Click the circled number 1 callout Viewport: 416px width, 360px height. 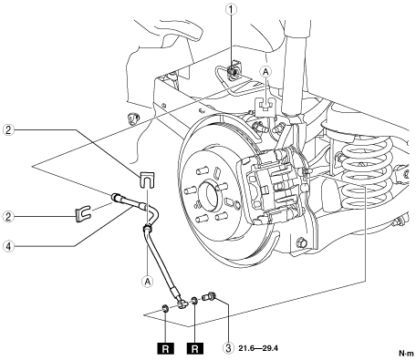click(x=231, y=9)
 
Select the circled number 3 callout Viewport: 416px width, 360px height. click(x=228, y=347)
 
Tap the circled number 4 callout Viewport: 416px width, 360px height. click(x=8, y=246)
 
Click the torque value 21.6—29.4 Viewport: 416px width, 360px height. click(x=258, y=348)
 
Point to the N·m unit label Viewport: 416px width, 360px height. click(x=407, y=354)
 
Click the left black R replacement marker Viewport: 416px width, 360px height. click(x=166, y=348)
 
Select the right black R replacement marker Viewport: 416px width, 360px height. click(x=195, y=348)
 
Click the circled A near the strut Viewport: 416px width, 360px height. click(x=265, y=72)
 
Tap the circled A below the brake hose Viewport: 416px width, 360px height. click(x=148, y=282)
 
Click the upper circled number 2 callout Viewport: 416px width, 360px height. click(x=8, y=130)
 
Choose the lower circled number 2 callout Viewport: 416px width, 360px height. click(x=8, y=217)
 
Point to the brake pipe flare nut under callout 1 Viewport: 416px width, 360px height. click(x=233, y=72)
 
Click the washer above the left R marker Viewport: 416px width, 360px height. click(x=166, y=309)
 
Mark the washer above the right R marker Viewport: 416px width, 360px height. click(x=193, y=302)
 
